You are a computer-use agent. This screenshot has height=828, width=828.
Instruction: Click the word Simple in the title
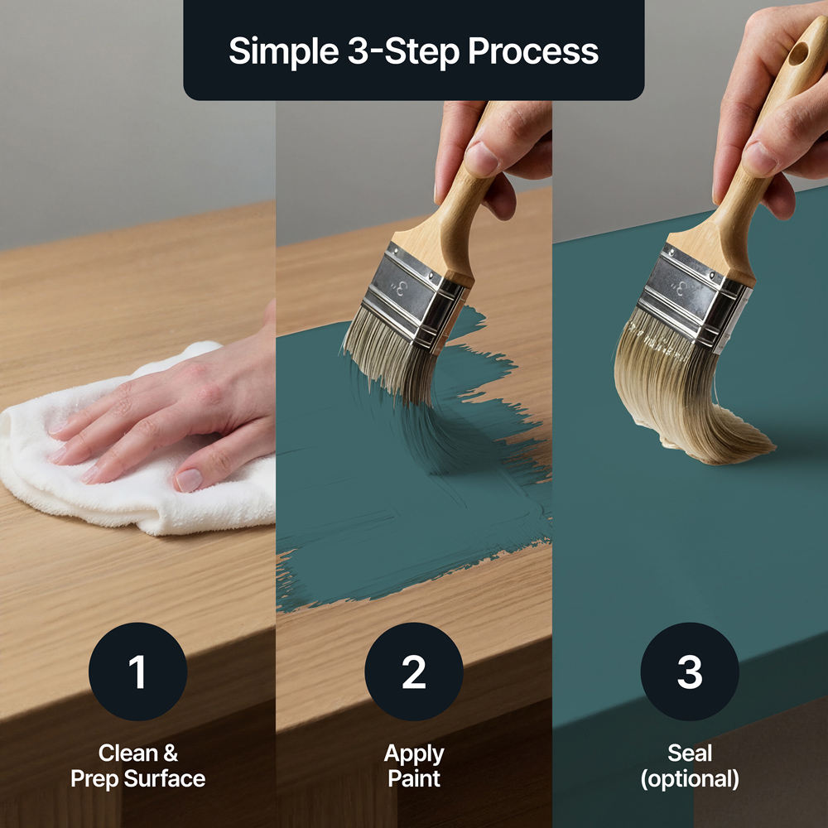pos(283,52)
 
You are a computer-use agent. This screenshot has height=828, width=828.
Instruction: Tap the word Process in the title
pos(533,51)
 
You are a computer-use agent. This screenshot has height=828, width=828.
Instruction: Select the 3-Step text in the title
pos(403,52)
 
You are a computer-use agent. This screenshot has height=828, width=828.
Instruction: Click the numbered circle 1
pos(137,672)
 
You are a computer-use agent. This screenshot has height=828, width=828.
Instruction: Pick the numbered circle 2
pos(414,672)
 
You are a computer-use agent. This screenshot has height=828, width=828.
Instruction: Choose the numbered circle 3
pos(690,672)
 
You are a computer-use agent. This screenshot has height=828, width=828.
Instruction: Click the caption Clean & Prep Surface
pos(137,766)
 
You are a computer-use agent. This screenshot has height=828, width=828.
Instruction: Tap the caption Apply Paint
pos(414,766)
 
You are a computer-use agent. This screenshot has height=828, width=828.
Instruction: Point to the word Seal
pos(690,753)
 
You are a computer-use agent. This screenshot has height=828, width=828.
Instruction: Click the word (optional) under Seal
pos(690,779)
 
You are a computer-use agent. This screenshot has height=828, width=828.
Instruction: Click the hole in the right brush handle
pos(798,54)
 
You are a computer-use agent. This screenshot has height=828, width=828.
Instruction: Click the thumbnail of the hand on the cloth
pos(189,480)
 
